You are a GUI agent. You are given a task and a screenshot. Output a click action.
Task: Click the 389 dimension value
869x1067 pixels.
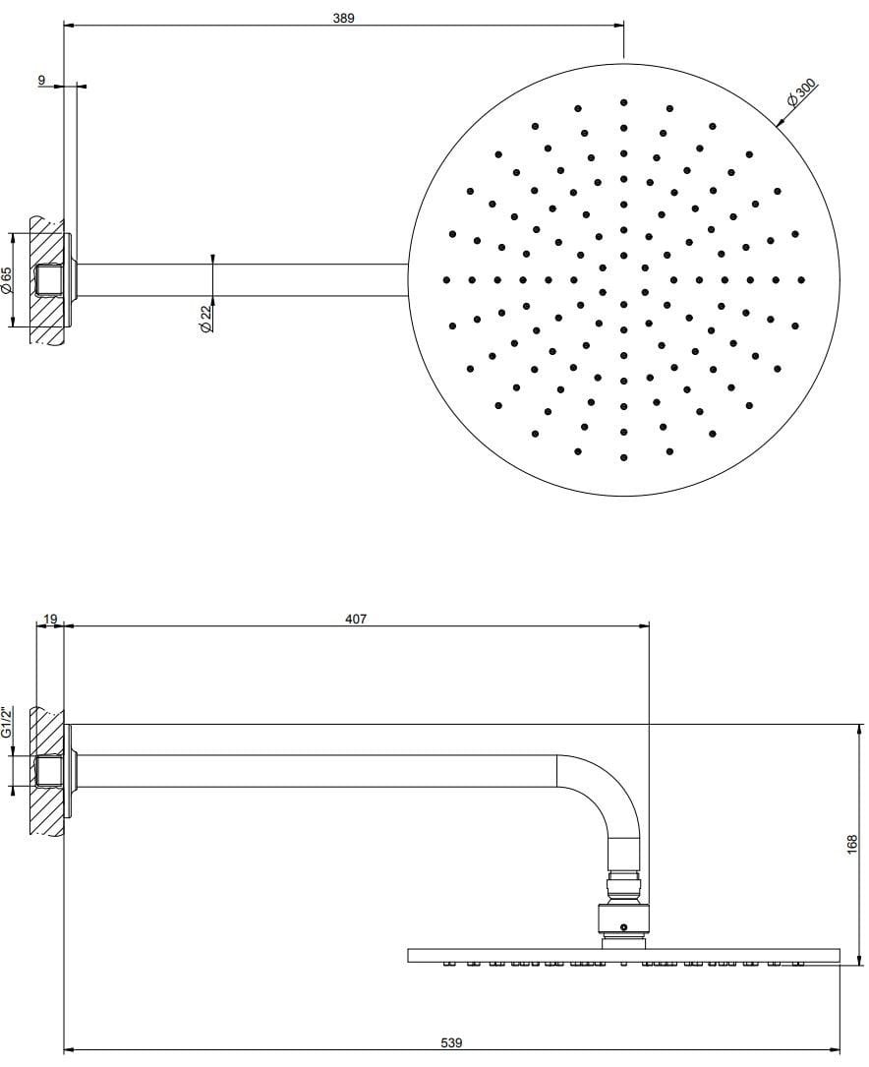(343, 18)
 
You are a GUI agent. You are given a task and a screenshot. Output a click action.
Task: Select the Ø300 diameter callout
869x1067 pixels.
(801, 96)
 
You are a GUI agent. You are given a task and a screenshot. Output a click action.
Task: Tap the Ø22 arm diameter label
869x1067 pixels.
(205, 318)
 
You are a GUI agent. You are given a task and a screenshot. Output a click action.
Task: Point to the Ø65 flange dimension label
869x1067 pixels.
(7, 280)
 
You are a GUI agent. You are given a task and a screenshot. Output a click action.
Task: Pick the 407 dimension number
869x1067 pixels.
(356, 619)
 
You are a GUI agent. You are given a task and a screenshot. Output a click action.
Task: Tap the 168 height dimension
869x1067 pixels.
(852, 843)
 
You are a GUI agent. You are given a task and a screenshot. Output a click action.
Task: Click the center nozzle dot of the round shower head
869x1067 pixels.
(623, 279)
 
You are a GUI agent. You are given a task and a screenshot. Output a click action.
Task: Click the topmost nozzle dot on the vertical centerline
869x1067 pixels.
(623, 101)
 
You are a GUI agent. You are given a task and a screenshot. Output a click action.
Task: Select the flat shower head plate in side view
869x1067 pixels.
(623, 955)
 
